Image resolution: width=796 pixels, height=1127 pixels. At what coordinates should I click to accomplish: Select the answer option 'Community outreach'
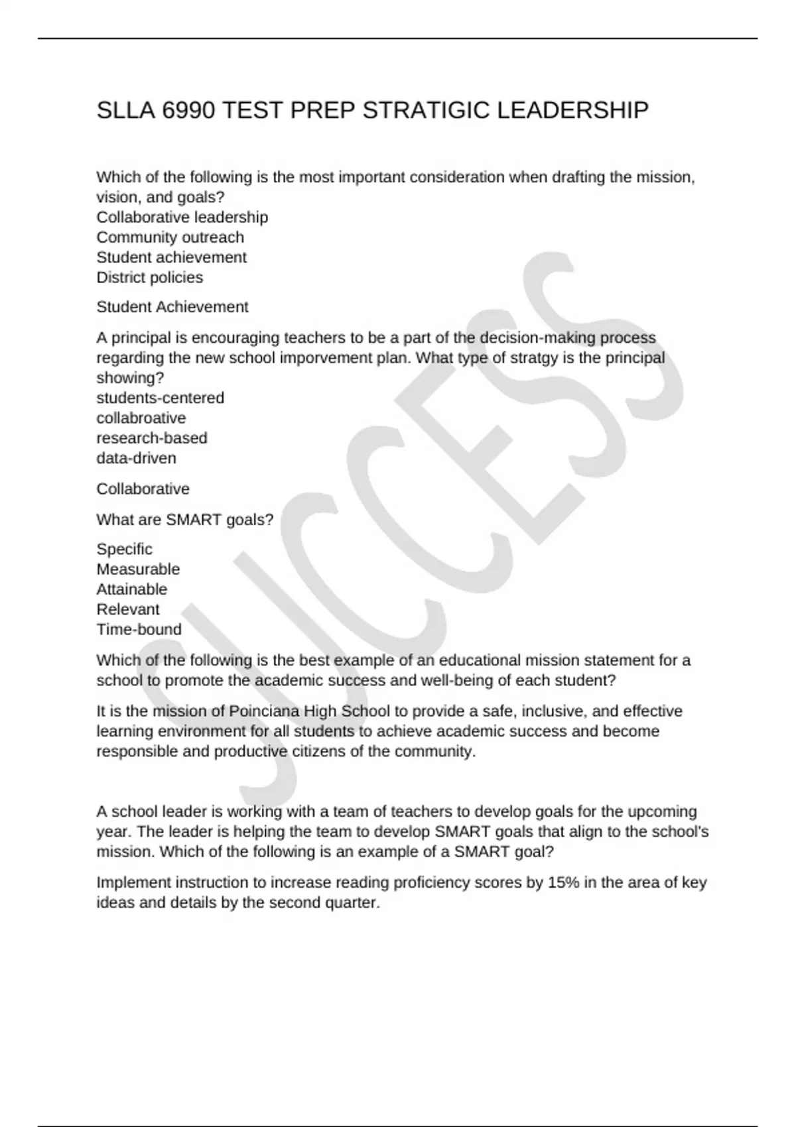pos(170,237)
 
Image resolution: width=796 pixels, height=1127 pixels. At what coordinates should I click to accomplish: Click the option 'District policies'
pos(150,277)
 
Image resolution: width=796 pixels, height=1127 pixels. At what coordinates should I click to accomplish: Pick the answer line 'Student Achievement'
pos(172,307)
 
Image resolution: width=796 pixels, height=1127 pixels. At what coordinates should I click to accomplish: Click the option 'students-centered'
pos(161,398)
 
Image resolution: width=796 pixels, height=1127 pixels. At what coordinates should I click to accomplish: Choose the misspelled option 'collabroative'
pos(141,418)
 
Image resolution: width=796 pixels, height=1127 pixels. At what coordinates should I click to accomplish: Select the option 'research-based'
pos(152,438)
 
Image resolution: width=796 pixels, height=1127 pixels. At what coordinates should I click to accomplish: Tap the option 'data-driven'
pos(137,458)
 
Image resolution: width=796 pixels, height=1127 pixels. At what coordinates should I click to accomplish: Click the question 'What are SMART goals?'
pos(185,520)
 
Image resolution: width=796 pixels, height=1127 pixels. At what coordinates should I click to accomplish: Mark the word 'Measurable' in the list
pos(138,569)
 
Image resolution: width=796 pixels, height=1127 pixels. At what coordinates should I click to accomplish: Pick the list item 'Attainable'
pos(132,589)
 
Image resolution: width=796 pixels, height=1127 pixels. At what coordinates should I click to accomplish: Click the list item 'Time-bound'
pos(139,629)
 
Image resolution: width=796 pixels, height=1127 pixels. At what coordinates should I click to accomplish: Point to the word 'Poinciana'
pos(264,711)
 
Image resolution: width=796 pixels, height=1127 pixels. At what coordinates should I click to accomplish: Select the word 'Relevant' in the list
pos(128,609)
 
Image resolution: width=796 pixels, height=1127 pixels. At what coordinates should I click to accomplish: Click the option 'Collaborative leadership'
pos(182,217)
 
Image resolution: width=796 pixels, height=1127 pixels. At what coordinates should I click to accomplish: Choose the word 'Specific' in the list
pos(125,550)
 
